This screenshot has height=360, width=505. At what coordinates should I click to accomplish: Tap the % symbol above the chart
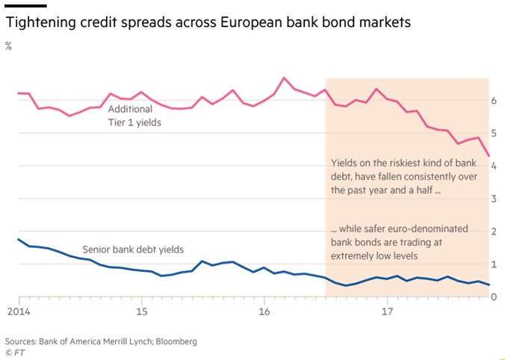pos(9,46)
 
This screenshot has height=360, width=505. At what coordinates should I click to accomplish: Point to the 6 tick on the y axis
pos(494,100)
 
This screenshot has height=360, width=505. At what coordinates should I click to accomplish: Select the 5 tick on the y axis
pos(494,133)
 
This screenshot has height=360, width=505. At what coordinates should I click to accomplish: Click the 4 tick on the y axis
pos(494,166)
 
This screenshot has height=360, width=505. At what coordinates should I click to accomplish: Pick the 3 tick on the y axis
pos(494,199)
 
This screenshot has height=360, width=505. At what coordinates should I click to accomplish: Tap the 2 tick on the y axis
pos(494,232)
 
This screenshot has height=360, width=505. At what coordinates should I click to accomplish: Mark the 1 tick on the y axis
pos(494,264)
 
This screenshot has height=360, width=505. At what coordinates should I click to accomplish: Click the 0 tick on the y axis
pos(494,297)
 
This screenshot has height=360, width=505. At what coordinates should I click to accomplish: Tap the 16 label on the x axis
pos(264,309)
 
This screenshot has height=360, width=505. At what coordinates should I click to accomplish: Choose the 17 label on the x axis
pos(386,309)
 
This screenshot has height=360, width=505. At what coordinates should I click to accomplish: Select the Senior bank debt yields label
pos(133,249)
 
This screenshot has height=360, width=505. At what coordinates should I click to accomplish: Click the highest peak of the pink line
pos(284,78)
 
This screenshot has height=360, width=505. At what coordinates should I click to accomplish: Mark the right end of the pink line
pos(489,156)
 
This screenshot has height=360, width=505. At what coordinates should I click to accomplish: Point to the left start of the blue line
pos(18,239)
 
